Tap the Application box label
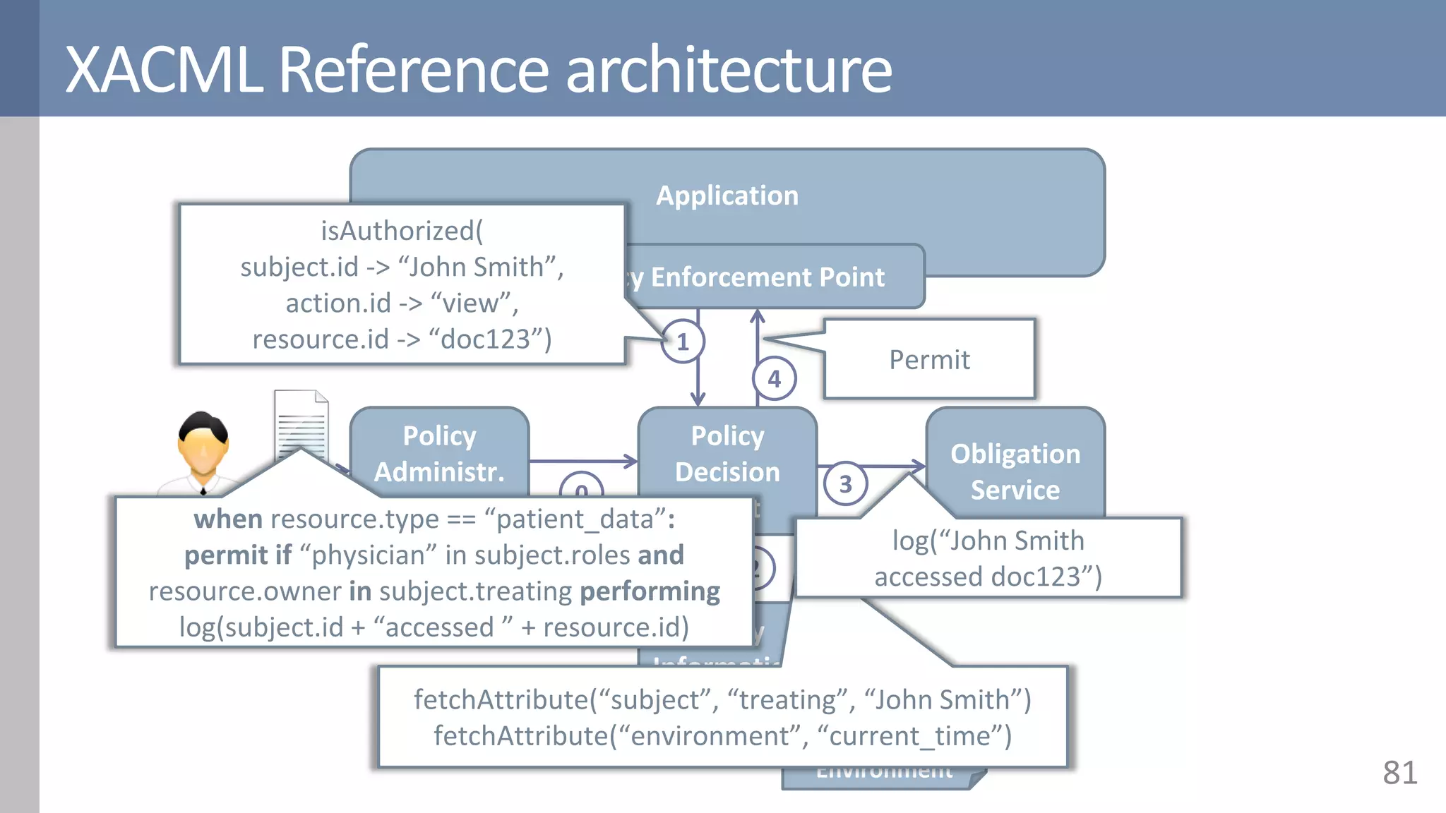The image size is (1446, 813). [x=727, y=195]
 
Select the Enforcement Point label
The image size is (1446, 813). [x=767, y=277]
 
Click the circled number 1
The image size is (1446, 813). [x=683, y=342]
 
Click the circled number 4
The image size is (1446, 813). [x=775, y=379]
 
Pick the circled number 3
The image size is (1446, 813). [x=845, y=484]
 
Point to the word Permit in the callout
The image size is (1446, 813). [x=929, y=360]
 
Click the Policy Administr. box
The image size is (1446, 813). [x=439, y=453]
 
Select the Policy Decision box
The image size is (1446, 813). [x=727, y=453]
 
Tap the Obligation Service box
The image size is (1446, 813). [x=1015, y=471]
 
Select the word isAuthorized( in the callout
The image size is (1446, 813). [x=402, y=231]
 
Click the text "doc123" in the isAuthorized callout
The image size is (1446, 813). [x=486, y=339]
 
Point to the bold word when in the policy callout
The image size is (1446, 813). [x=228, y=519]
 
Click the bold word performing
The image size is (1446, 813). [x=650, y=591]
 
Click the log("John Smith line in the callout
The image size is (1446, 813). [x=988, y=541]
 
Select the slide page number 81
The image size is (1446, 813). [x=1399, y=773]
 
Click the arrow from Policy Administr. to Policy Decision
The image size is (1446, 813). [x=583, y=462]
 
